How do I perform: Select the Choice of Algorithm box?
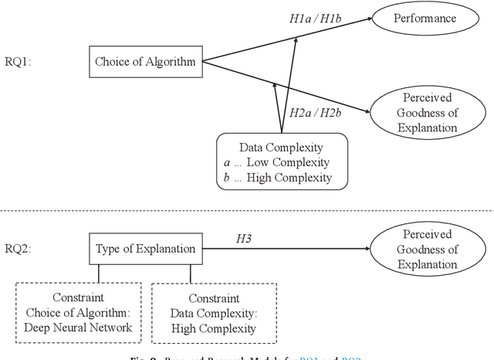click(145, 62)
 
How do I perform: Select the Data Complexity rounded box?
click(282, 161)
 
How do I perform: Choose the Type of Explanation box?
click(145, 250)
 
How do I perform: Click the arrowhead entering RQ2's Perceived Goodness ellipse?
click(365, 249)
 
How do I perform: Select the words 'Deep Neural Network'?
click(78, 328)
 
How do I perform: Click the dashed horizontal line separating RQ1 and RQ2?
click(247, 209)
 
